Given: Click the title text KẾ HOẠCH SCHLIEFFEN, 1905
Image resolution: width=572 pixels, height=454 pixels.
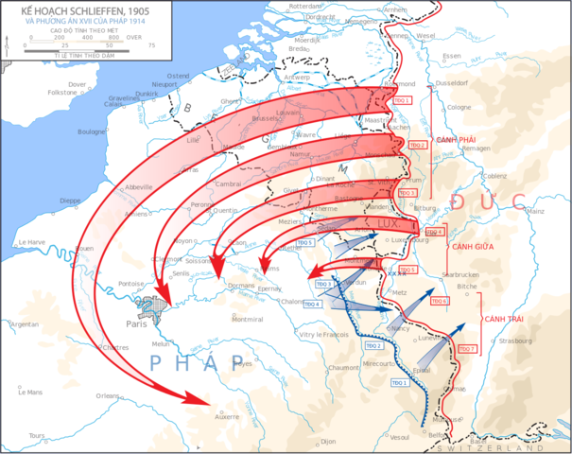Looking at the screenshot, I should click(72, 9).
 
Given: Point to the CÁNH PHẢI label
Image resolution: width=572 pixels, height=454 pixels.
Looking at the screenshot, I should click(456, 139).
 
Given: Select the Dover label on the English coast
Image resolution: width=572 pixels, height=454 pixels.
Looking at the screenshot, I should click(78, 84).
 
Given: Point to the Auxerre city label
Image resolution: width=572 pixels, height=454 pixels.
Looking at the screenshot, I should click(227, 416).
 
